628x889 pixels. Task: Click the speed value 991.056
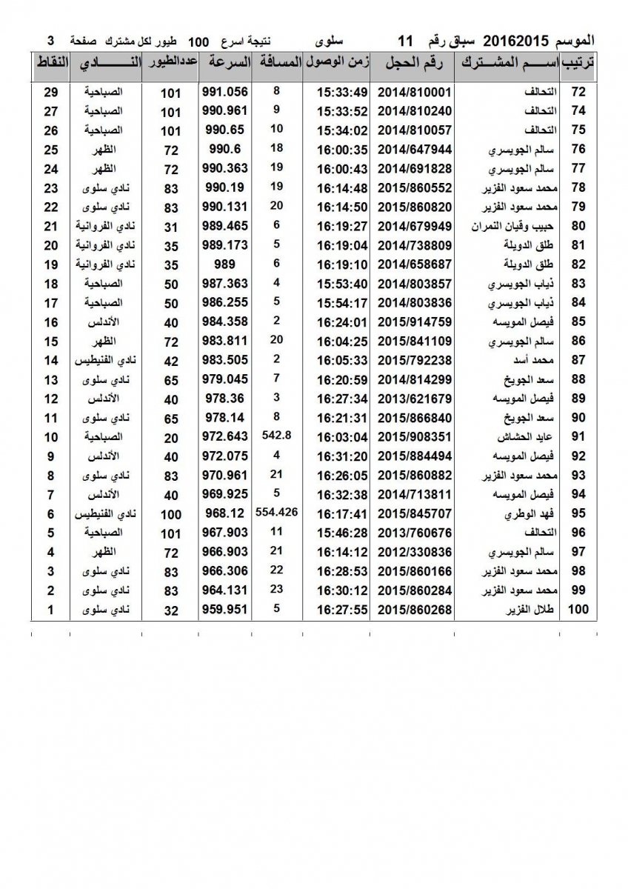click(224, 92)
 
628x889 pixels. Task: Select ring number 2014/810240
click(414, 111)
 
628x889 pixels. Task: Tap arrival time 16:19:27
click(342, 227)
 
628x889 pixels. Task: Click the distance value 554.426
click(275, 511)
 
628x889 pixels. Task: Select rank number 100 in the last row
click(577, 610)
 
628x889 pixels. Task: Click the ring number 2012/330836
click(414, 553)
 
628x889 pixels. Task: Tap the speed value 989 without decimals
click(224, 264)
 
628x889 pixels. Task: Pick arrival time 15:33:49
click(342, 92)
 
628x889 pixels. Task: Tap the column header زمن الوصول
click(337, 64)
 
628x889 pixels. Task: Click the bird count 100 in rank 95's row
click(171, 514)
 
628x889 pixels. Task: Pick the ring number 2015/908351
click(414, 437)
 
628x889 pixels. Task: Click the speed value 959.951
click(224, 610)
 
